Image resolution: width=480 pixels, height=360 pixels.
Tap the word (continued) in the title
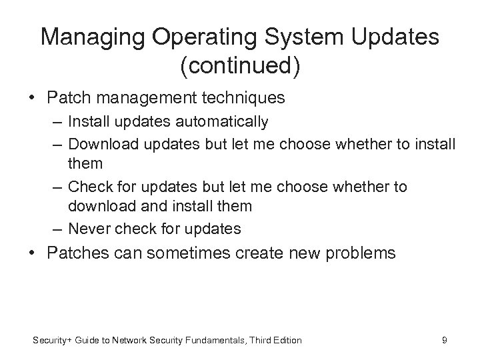click(x=240, y=66)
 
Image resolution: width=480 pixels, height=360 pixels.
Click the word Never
click(x=88, y=229)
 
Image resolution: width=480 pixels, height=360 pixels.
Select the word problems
click(x=361, y=253)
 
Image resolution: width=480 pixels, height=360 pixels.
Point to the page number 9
click(x=445, y=341)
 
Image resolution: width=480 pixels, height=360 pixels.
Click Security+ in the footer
click(x=51, y=341)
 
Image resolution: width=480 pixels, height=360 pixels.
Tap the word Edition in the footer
click(x=287, y=341)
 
